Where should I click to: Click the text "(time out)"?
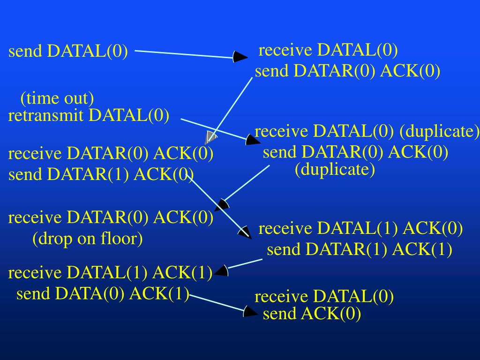click(57, 99)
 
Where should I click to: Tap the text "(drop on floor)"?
click(88, 239)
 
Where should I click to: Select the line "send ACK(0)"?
click(312, 314)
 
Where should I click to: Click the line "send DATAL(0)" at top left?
click(68, 52)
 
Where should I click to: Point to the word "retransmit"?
click(46, 115)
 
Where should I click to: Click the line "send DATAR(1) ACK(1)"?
click(360, 250)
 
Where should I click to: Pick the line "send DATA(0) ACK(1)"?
click(103, 293)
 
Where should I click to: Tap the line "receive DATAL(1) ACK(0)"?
click(360, 229)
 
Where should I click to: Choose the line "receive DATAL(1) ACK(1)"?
click(111, 272)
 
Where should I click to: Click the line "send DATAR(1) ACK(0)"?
click(101, 175)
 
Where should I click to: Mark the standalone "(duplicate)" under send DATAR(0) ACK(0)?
click(335, 169)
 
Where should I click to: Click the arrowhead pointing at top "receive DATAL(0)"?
click(241, 57)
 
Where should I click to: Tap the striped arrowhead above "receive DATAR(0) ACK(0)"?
click(210, 137)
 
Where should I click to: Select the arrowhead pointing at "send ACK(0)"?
click(250, 311)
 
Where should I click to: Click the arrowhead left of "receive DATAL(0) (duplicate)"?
click(253, 140)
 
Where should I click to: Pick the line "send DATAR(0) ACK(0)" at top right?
click(347, 71)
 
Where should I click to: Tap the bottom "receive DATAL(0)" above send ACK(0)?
click(324, 297)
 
